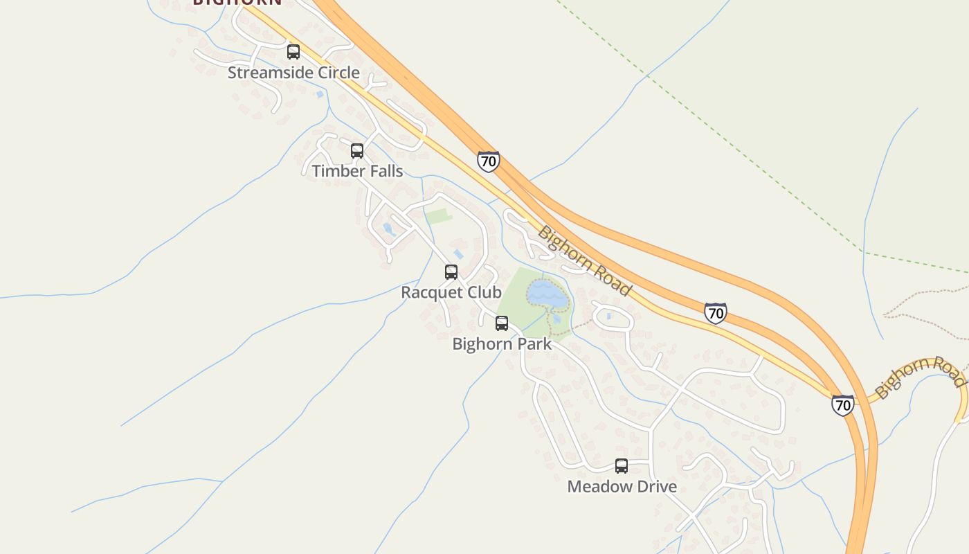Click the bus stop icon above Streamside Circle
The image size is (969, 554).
click(293, 52)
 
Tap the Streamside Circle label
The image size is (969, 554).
click(293, 73)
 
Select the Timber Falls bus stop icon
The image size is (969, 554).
click(357, 151)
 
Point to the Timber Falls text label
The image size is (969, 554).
click(357, 171)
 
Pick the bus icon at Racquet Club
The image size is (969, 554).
click(451, 272)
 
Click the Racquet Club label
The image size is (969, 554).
click(451, 292)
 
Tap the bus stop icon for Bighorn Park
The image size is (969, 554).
click(502, 323)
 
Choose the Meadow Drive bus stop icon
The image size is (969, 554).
click(622, 466)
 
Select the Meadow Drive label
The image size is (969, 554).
click(622, 486)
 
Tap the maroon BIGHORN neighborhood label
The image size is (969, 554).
click(237, 2)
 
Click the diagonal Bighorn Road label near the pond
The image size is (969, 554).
click(584, 260)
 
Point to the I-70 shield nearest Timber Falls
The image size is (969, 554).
click(488, 162)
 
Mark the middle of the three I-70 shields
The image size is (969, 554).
click(716, 313)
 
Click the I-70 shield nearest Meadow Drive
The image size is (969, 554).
click(842, 405)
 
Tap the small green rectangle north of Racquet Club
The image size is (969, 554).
click(438, 217)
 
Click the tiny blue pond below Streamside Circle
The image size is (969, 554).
click(320, 94)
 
